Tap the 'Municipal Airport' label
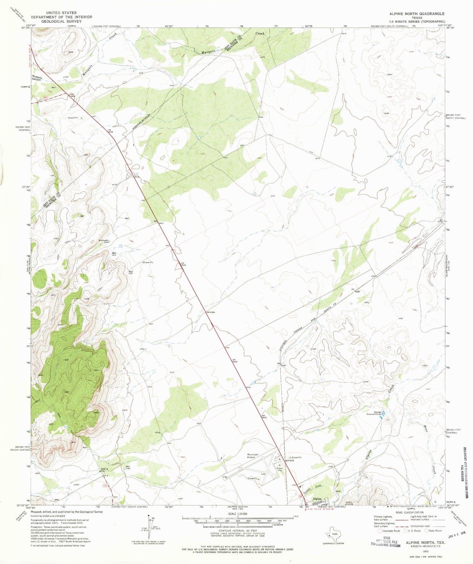pyautogui.click(x=253, y=456)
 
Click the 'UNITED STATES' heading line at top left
pyautogui.click(x=61, y=13)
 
